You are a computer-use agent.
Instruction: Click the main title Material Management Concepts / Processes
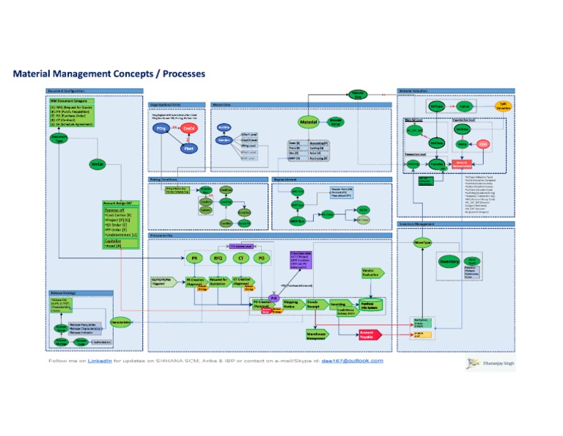click(x=108, y=74)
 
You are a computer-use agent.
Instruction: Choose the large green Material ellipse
click(x=309, y=122)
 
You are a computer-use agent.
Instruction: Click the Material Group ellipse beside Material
click(x=335, y=121)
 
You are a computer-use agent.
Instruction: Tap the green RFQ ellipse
click(x=217, y=259)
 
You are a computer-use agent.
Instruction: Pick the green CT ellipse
click(x=240, y=259)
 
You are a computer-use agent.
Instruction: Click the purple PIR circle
click(x=272, y=299)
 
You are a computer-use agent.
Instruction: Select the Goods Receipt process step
click(x=313, y=304)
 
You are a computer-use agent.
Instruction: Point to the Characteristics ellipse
click(x=121, y=321)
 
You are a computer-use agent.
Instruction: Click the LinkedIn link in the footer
click(x=100, y=361)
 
